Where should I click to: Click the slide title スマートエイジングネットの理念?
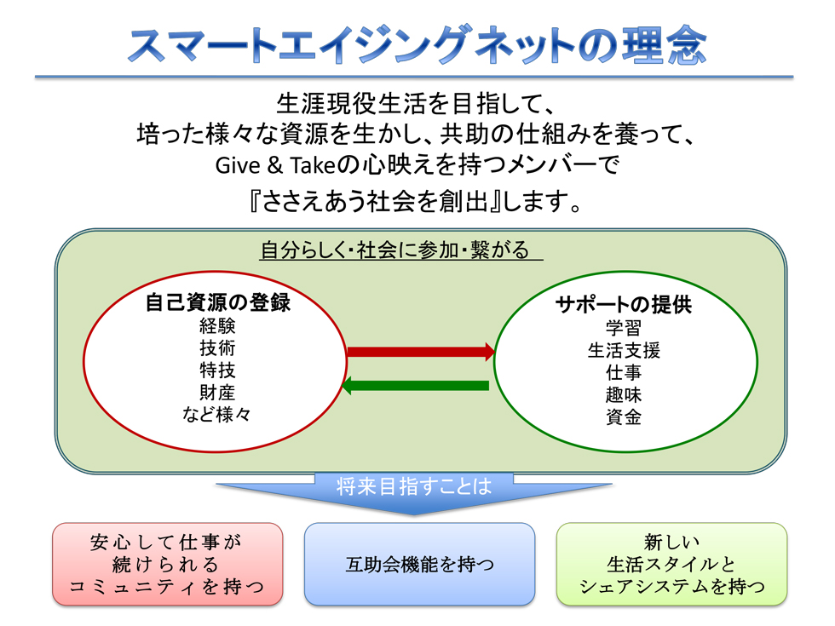tap(417, 45)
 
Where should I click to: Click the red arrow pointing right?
tap(421, 351)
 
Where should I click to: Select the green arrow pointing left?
tap(416, 385)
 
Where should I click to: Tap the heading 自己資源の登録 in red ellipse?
tap(218, 302)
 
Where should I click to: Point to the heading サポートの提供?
tap(624, 305)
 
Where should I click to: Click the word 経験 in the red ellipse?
tap(217, 325)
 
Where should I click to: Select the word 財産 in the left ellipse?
tap(217, 393)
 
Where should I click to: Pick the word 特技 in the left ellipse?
tap(217, 370)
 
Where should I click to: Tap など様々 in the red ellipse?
tap(216, 414)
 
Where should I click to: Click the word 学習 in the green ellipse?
tap(624, 328)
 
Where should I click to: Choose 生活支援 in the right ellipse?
tap(624, 350)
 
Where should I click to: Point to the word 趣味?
tap(624, 394)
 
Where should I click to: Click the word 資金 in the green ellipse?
tap(624, 416)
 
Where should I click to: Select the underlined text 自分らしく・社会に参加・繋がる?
tap(394, 250)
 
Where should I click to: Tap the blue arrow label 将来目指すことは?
tap(414, 486)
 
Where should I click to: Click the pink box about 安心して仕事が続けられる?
tap(167, 564)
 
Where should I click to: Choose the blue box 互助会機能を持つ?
tap(419, 564)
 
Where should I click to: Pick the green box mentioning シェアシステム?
tap(671, 564)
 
